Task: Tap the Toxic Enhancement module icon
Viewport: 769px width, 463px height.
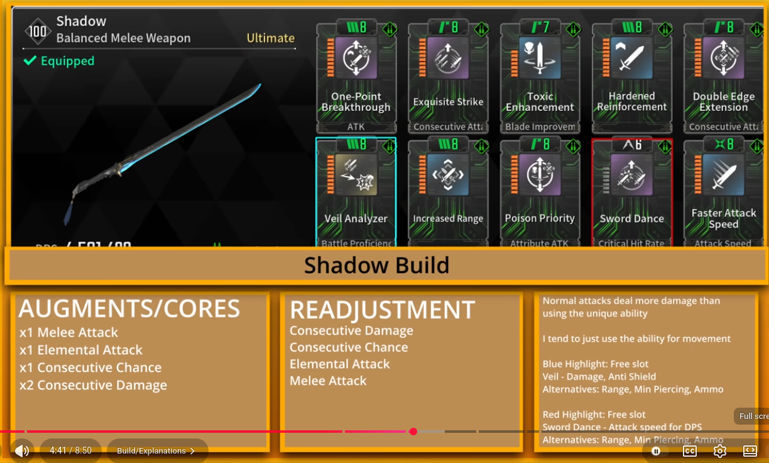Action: [x=540, y=58]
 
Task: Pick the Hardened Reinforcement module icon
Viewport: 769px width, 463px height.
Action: [x=631, y=58]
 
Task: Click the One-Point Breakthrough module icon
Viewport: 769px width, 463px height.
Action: [x=356, y=58]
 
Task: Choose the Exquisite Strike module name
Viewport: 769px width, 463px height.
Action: [x=448, y=102]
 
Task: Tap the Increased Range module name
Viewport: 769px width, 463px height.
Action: [x=448, y=219]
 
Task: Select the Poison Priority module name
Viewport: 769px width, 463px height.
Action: [x=540, y=218]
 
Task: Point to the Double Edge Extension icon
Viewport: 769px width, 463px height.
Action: [x=723, y=58]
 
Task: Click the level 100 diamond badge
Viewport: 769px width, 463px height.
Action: [x=38, y=31]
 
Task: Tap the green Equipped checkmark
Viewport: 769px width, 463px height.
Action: [x=30, y=61]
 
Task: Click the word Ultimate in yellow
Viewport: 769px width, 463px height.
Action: [x=270, y=38]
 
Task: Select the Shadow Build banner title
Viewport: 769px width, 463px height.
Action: [x=376, y=265]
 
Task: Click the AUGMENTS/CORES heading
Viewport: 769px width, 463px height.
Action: [x=129, y=309]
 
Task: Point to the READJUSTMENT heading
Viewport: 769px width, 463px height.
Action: [x=382, y=310]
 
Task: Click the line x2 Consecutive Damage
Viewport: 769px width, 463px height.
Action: [x=93, y=385]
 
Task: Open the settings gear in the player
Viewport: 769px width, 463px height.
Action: [x=720, y=451]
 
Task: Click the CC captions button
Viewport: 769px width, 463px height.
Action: [x=690, y=451]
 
